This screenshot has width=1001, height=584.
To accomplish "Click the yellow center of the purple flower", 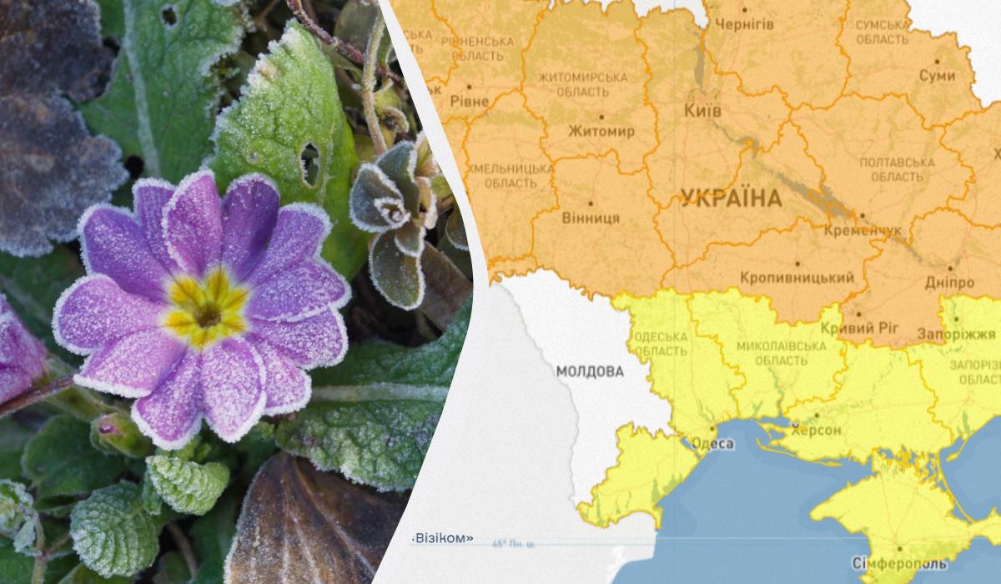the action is coord(205,310).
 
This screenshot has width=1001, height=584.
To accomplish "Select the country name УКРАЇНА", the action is coord(731,199).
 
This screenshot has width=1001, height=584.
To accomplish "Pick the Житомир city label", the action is coord(601,132).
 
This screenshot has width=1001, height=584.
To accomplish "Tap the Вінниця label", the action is coord(591,218).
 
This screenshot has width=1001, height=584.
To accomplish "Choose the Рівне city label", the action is coord(470,100).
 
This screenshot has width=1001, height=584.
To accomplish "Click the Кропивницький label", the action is coord(797,278).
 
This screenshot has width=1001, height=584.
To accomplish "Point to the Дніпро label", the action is coord(944,282).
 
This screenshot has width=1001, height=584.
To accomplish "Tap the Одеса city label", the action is coord(713,444).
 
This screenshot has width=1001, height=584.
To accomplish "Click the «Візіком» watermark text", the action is coord(442,538).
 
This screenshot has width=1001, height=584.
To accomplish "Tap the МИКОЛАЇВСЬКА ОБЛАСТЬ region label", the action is coord(772,353).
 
